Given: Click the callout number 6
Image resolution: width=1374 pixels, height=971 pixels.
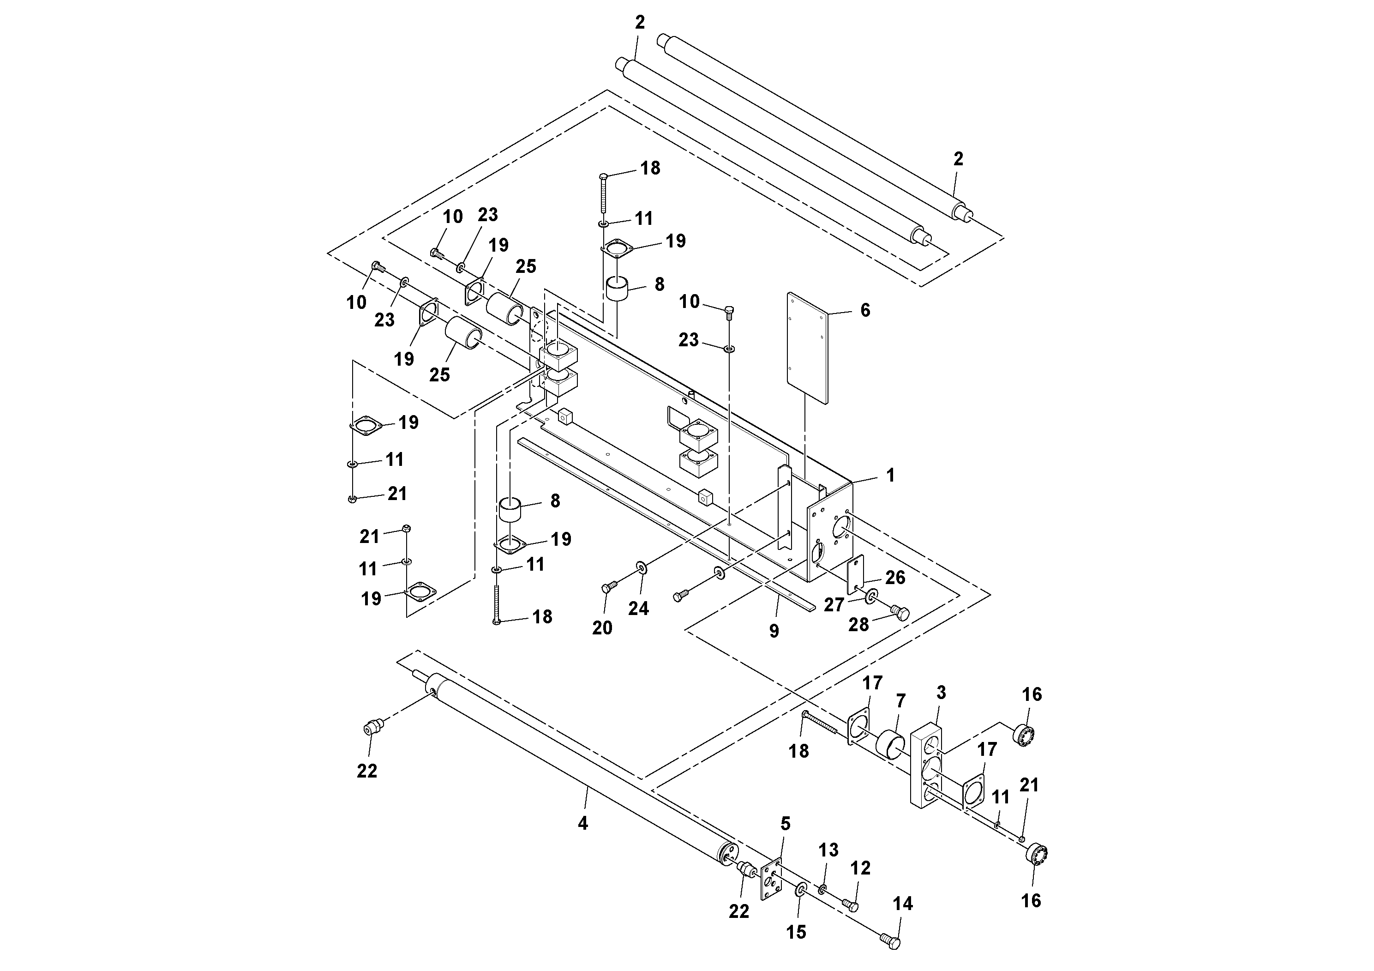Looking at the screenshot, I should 865,310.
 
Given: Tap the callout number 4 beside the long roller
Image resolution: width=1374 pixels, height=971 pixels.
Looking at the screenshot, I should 583,824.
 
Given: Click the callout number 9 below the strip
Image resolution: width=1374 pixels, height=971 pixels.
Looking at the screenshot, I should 774,631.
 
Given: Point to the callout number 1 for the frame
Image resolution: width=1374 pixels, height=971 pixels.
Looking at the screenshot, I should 890,475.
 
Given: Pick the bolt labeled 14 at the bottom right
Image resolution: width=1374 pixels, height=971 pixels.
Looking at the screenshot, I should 890,941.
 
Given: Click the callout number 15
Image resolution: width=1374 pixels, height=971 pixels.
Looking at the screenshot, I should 796,932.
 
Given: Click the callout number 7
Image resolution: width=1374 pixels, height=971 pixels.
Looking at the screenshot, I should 900,700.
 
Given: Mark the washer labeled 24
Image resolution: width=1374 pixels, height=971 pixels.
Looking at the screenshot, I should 642,567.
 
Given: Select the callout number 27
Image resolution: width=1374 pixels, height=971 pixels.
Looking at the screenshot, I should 834,605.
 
